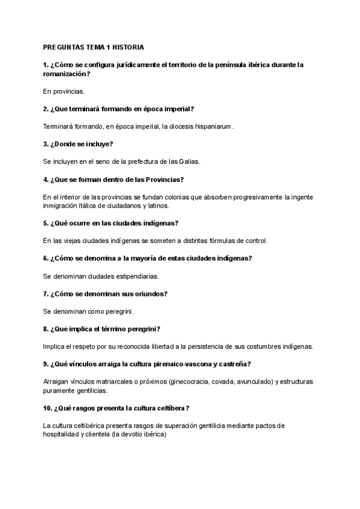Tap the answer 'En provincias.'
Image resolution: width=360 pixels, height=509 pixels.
click(x=64, y=92)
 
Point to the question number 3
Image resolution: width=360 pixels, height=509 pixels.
click(x=46, y=144)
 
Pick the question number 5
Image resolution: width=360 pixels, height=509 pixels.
click(x=46, y=223)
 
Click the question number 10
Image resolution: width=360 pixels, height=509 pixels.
click(x=48, y=408)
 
